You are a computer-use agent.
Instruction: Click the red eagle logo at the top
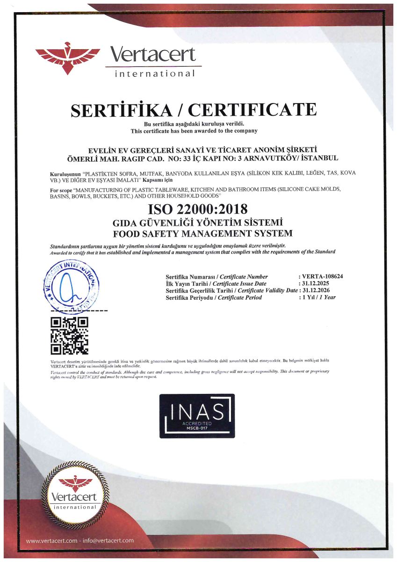tap(67, 58)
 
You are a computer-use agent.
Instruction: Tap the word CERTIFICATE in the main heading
tap(252, 110)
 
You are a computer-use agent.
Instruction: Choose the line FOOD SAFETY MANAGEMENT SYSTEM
tap(202, 233)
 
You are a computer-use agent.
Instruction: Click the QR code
tap(69, 334)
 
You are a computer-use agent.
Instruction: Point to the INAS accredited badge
tap(197, 416)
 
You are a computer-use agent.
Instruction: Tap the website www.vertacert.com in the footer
tap(51, 540)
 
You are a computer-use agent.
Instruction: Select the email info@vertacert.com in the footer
tap(108, 540)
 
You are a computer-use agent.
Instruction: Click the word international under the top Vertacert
tap(155, 74)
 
